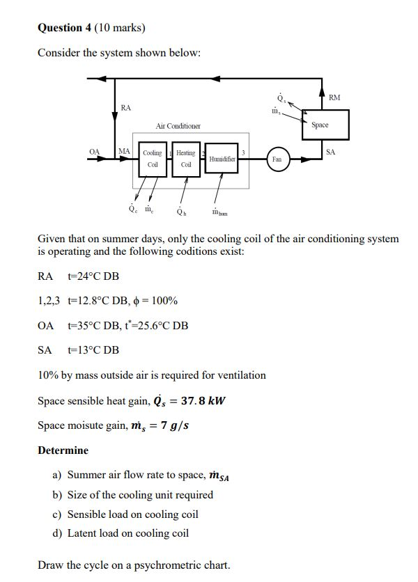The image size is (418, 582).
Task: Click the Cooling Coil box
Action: [x=153, y=159]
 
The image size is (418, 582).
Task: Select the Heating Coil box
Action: [x=186, y=159]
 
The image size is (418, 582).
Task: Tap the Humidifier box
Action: [x=222, y=159]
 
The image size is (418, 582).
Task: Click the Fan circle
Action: [x=277, y=159]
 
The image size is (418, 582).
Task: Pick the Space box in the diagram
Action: [x=320, y=125]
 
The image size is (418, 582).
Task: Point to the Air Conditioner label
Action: [x=178, y=126]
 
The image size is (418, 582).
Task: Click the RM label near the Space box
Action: [x=334, y=98]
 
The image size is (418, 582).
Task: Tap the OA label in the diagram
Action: [x=95, y=150]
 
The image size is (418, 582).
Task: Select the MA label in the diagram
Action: [x=124, y=150]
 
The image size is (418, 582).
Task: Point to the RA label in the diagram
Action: [x=125, y=108]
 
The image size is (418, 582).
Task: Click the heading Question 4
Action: [x=69, y=28]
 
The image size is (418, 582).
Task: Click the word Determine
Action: [x=63, y=450]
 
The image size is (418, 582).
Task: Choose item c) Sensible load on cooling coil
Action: [x=125, y=514]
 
